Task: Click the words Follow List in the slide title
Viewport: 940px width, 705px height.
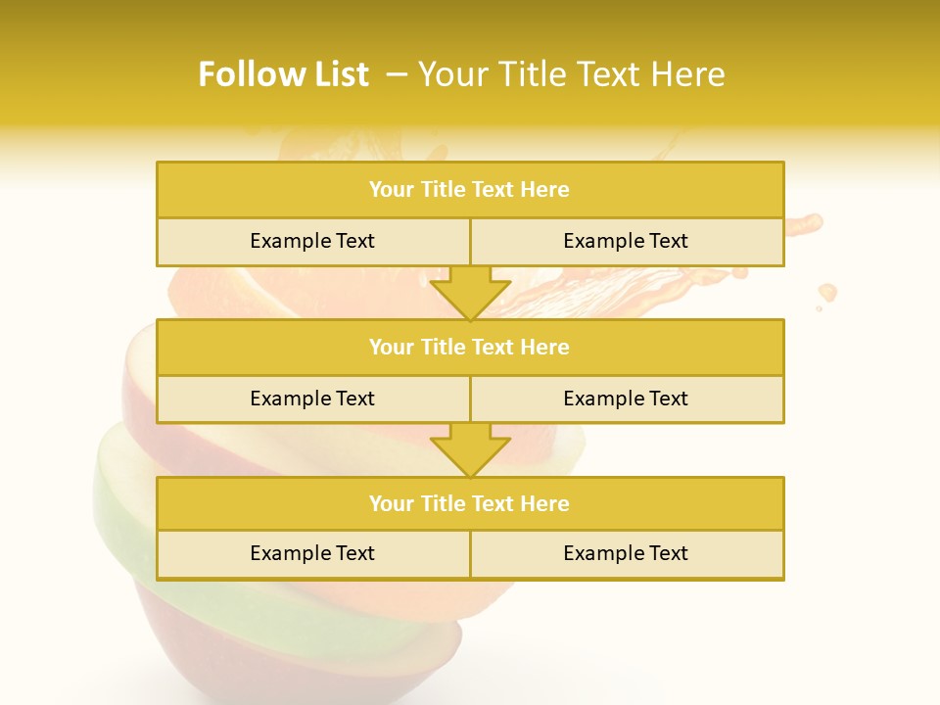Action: [283, 74]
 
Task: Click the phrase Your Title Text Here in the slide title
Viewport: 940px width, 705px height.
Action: [571, 74]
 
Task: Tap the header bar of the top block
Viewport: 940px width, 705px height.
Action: [470, 190]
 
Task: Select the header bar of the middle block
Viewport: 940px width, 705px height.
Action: [470, 347]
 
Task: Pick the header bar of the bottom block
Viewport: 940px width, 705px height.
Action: [470, 503]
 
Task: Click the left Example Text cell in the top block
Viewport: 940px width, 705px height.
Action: [312, 241]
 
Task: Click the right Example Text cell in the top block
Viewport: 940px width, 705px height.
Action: [627, 241]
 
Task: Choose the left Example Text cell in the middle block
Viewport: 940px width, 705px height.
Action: [312, 399]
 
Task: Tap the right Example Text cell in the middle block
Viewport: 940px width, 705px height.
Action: [627, 399]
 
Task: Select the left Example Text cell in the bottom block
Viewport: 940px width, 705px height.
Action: [312, 553]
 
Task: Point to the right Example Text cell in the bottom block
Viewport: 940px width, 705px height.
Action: [627, 553]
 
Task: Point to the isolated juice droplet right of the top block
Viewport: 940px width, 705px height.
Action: [827, 292]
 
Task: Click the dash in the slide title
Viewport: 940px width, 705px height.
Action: [397, 74]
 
